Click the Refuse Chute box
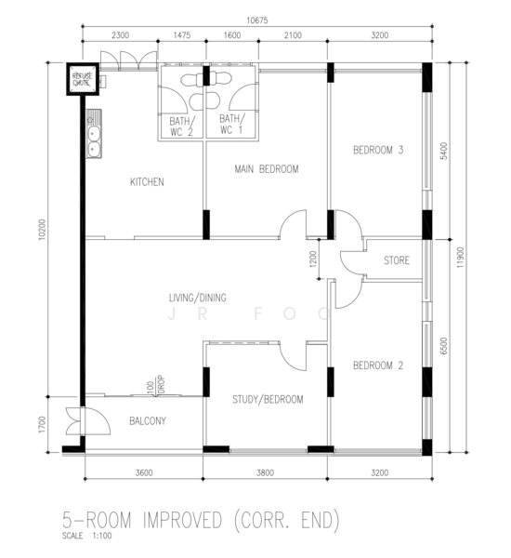point(83,79)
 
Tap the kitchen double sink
point(94,134)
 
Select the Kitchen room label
point(147,182)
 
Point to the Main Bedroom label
point(267,168)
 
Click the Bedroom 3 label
point(378,150)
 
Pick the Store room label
point(397,260)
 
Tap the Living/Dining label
point(197,298)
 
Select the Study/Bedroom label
point(268,399)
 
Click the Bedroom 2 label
point(378,365)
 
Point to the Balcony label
point(148,421)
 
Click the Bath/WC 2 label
point(182,126)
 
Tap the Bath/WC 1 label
point(232,124)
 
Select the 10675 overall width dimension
point(257,20)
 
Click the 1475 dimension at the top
point(182,35)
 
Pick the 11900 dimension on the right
point(461,258)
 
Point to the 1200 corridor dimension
point(313,259)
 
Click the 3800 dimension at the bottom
point(266,472)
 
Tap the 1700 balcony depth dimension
point(43,424)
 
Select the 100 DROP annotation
point(156,385)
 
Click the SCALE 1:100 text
point(86,536)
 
